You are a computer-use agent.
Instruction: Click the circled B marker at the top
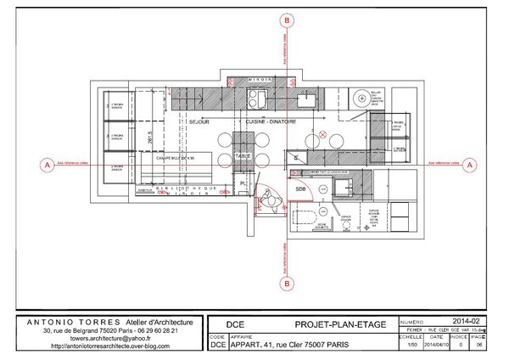point(288,20)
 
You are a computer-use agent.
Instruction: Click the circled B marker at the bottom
point(288,284)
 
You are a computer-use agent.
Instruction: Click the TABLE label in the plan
point(243,156)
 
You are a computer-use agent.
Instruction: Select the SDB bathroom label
point(300,188)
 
